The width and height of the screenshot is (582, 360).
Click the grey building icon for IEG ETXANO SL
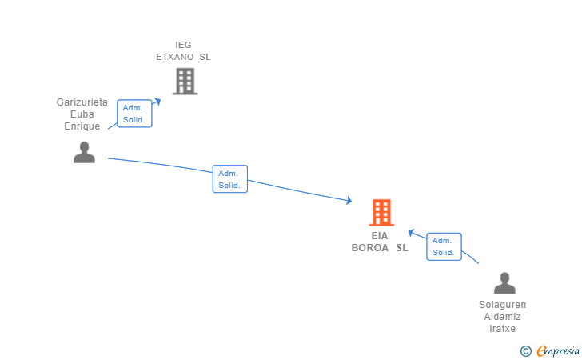click(x=185, y=81)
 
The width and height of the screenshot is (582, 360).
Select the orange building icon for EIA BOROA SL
click(x=381, y=213)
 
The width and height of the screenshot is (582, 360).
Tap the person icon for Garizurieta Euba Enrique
click(x=84, y=152)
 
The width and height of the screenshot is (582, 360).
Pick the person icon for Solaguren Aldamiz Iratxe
click(x=504, y=283)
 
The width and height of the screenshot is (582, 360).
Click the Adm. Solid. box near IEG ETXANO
click(x=134, y=114)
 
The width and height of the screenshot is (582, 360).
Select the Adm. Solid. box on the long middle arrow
click(x=230, y=179)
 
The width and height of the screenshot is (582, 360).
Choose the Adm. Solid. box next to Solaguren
click(x=444, y=246)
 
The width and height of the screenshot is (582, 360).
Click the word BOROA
click(x=370, y=248)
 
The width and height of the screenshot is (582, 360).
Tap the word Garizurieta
click(x=82, y=102)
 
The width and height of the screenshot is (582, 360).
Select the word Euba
click(x=82, y=114)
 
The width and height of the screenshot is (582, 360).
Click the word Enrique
click(x=82, y=126)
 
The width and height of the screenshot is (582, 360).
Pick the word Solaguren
click(x=503, y=305)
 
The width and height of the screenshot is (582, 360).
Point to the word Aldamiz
click(x=503, y=317)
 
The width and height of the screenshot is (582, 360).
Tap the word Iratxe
click(x=503, y=329)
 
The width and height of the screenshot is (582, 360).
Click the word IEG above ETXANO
click(x=184, y=46)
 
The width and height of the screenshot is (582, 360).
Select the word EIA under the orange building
click(x=380, y=236)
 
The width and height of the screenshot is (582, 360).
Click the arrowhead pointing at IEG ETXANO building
click(x=157, y=101)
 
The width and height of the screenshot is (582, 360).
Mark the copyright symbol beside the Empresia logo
click(x=525, y=350)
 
